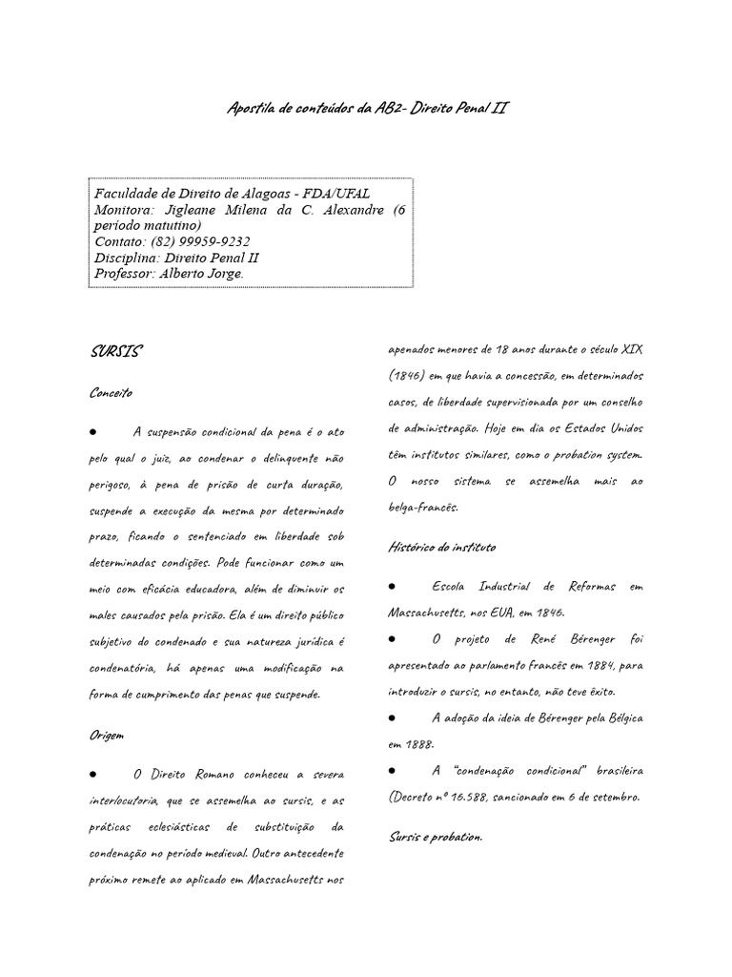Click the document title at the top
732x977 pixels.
point(367,109)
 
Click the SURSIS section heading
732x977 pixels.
point(115,351)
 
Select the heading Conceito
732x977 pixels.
point(111,392)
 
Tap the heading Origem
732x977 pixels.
point(107,736)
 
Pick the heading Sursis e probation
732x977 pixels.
point(436,836)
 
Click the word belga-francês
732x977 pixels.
point(423,507)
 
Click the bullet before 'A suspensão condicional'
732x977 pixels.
point(94,429)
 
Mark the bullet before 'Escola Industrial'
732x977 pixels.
point(393,585)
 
